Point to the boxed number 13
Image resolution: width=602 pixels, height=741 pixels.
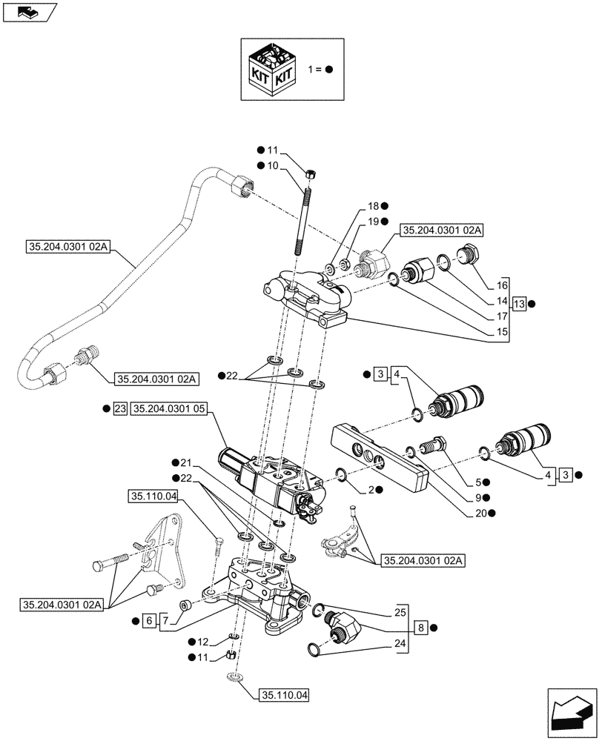tap(519, 304)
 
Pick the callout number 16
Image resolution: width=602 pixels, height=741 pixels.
tap(502, 285)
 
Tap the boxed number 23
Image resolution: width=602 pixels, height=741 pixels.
tap(121, 409)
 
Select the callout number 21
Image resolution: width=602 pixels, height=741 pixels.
tap(185, 462)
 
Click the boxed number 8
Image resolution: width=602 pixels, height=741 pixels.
tap(420, 627)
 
